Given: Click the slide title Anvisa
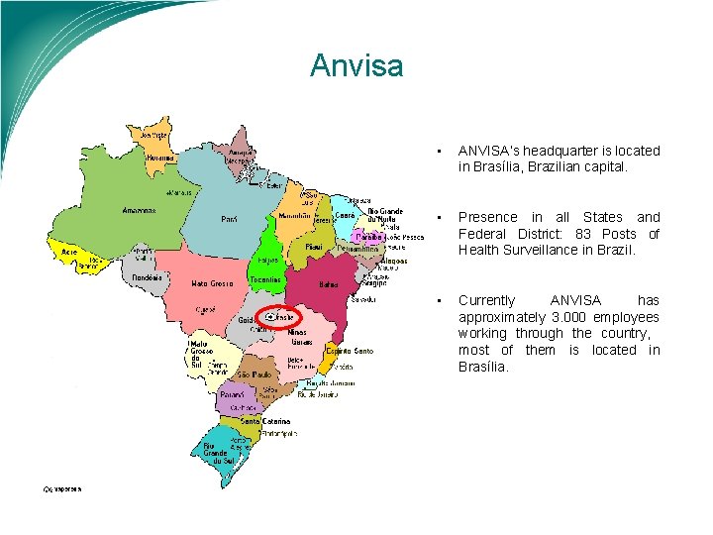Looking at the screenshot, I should (x=356, y=65).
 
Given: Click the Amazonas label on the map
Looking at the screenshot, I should (x=140, y=210).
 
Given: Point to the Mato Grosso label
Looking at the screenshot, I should (x=212, y=283).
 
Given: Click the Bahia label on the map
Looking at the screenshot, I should (x=328, y=284).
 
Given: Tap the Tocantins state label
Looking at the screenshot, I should (x=266, y=279).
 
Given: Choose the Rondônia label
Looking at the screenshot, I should (x=148, y=277).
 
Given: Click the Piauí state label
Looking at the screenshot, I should (x=314, y=246).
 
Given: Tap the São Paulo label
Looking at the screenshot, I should (x=255, y=375).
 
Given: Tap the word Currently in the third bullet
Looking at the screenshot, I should (x=487, y=300).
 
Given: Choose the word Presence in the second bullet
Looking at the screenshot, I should (x=488, y=217).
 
